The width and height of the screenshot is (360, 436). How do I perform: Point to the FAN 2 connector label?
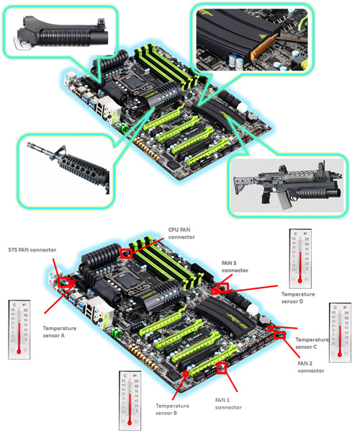click(310, 368)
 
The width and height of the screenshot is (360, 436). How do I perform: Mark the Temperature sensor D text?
click(302, 298)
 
